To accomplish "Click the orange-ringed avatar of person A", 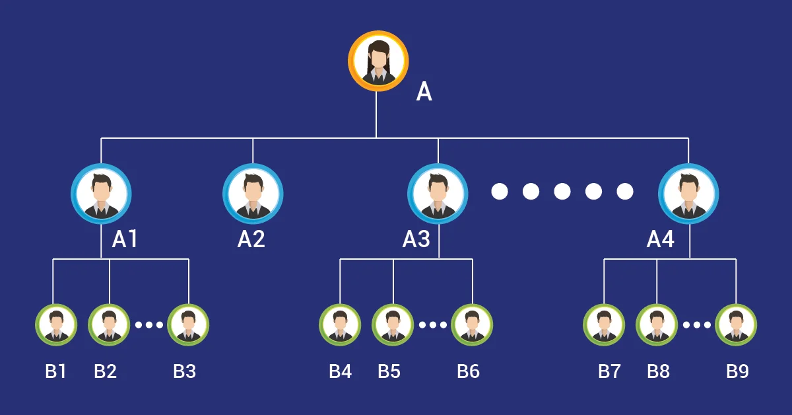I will click(378, 61).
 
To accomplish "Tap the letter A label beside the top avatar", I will click(424, 92).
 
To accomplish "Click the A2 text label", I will click(251, 239).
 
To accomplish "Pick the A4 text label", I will click(660, 239).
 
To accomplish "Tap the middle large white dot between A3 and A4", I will click(562, 192).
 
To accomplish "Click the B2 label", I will click(105, 371).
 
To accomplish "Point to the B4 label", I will click(340, 371).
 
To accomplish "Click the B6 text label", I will click(468, 371).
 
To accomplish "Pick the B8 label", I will click(658, 371).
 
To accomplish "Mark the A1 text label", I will click(125, 239).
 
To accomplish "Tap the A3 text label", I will click(416, 239).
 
